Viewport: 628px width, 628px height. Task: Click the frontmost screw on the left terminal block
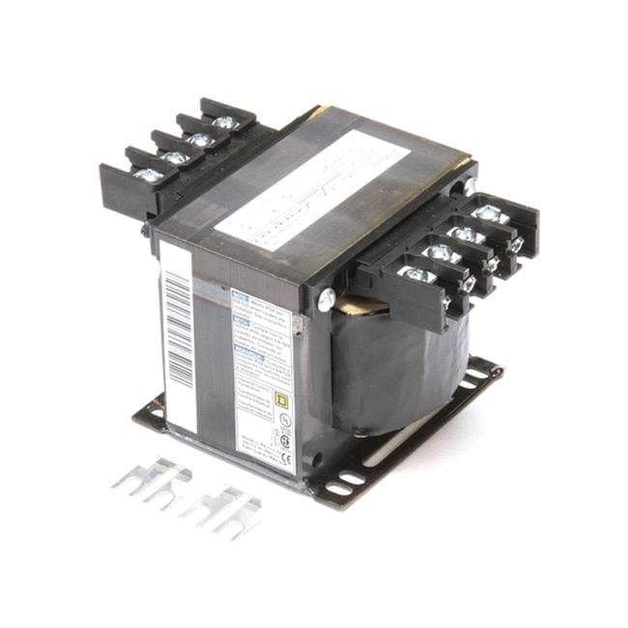[148, 175]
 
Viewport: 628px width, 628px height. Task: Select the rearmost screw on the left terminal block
[225, 122]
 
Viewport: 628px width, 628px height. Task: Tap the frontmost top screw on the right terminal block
[415, 274]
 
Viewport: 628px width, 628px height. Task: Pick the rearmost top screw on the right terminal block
[490, 214]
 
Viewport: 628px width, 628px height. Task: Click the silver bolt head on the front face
[326, 300]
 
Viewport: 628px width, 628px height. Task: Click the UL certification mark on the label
[284, 420]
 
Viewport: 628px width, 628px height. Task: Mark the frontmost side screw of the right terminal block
[445, 304]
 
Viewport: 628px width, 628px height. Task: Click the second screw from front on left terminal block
[175, 157]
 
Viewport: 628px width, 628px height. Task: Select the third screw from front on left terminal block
[200, 140]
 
